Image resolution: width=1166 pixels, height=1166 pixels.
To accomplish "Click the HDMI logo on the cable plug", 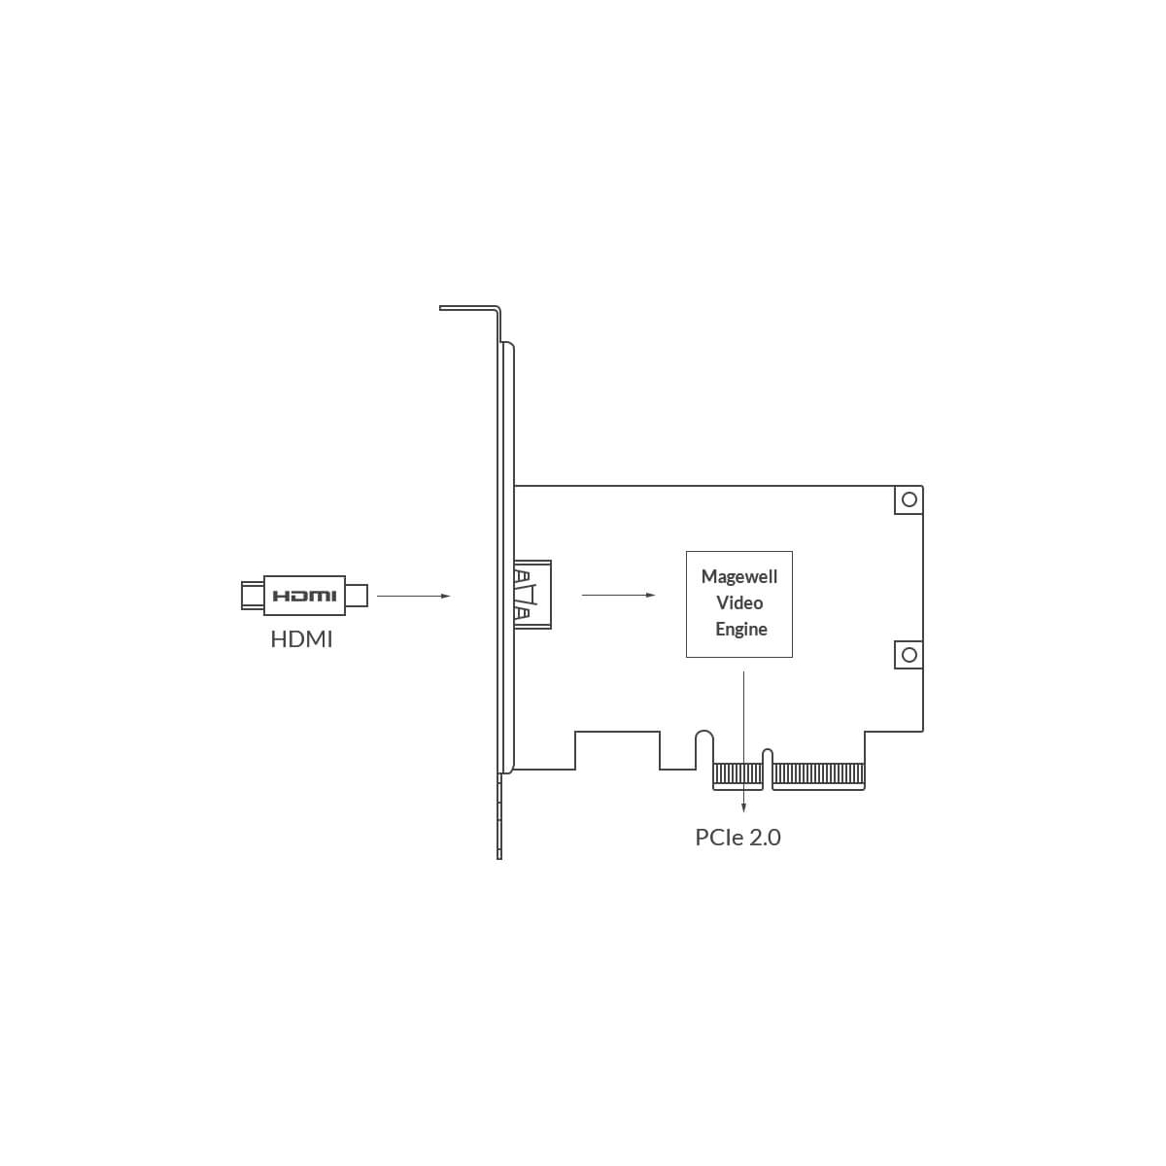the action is [304, 596].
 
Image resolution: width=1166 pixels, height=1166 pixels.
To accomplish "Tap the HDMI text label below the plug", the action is [301, 639].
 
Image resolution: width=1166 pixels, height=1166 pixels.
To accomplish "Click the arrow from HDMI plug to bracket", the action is [414, 596].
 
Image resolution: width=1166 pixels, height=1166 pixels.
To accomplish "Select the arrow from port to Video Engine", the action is [618, 595].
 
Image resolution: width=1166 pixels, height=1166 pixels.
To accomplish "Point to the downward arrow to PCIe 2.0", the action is [743, 741].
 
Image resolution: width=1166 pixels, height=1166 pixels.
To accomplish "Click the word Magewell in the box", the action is [738, 576].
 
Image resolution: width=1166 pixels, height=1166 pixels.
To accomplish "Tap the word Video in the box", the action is [739, 602].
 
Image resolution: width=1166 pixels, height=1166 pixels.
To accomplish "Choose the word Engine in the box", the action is [741, 630].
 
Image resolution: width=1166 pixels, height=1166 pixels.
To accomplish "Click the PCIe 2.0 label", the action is [737, 837].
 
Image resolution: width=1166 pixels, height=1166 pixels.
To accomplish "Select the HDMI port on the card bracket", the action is [532, 595].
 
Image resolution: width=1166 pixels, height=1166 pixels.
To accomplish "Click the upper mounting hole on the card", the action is [909, 499].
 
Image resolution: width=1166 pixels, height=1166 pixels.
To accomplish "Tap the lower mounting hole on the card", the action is [909, 655].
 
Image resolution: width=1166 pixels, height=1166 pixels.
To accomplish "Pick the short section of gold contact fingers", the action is [738, 775].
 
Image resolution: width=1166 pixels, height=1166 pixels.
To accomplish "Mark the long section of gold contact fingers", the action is [819, 775].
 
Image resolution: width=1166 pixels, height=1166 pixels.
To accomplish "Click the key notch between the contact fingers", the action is [768, 770].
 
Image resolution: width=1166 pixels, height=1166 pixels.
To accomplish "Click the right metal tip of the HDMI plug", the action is [357, 596].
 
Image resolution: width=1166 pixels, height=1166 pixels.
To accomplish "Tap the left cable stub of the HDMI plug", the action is [253, 596].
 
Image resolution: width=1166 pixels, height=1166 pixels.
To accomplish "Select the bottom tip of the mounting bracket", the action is [499, 855].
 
